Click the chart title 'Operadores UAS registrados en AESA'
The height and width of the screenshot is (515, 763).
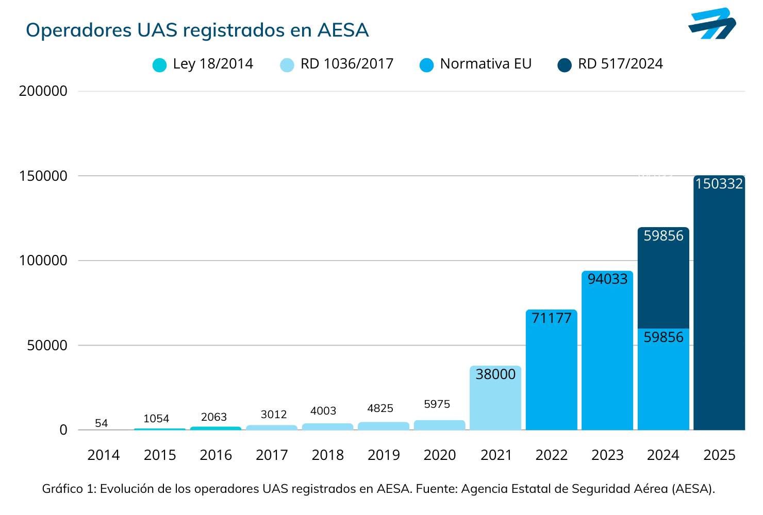tap(197, 30)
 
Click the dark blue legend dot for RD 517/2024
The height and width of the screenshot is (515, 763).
tap(565, 65)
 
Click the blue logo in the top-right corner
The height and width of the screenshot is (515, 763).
tap(712, 24)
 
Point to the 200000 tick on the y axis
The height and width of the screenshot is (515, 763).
tap(43, 91)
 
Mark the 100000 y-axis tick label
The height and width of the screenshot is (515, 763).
tap(43, 261)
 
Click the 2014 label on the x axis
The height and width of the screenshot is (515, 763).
tap(104, 455)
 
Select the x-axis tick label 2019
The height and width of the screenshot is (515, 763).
tap(384, 455)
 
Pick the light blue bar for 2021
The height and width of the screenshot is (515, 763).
tap(495, 402)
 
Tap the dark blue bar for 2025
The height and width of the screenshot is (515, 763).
tap(719, 309)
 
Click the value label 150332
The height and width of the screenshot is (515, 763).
tap(719, 184)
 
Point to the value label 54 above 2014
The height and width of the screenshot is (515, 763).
tap(102, 423)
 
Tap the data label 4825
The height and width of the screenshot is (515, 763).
tap(380, 408)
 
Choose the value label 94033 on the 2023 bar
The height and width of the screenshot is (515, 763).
tap(608, 279)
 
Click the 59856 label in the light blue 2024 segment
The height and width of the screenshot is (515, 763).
tap(664, 337)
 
